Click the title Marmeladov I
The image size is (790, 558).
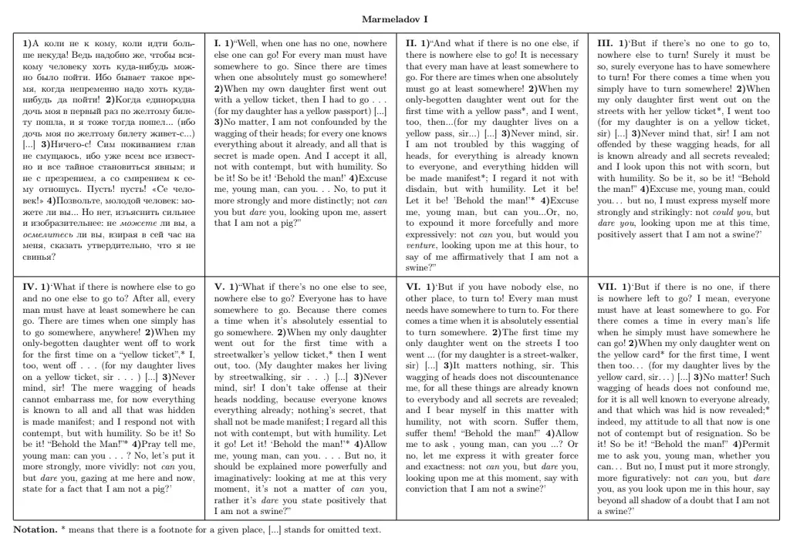pos(395,18)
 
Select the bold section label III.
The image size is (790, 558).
pos(606,44)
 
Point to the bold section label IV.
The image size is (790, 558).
pos(32,287)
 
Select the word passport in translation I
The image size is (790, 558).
pos(326,111)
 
